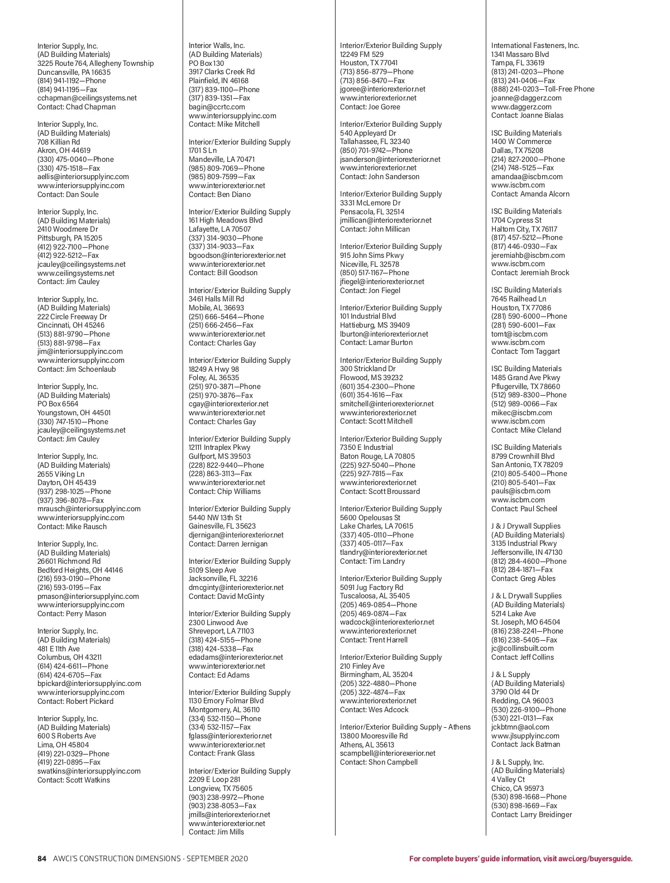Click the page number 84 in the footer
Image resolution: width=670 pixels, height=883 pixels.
tap(42, 858)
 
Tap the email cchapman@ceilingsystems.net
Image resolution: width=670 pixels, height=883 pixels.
tap(87, 98)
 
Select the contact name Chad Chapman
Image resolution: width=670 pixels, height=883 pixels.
tap(91, 107)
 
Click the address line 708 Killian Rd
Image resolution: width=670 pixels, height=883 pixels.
tap(59, 142)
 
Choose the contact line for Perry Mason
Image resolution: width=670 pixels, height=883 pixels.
tap(71, 614)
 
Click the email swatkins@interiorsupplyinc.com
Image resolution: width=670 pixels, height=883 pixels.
tap(89, 771)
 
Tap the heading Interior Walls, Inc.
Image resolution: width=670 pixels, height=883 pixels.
tap(217, 46)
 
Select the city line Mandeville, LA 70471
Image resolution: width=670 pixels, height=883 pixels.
tap(222, 160)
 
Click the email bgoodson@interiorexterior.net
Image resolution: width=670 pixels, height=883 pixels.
tap(237, 256)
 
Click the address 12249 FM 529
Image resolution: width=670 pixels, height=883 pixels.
tap(362, 55)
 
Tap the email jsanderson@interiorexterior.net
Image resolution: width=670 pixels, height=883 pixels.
tap(390, 160)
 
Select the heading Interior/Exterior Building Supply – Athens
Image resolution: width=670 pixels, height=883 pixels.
tap(405, 727)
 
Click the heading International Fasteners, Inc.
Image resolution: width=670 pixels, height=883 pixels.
tap(535, 46)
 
